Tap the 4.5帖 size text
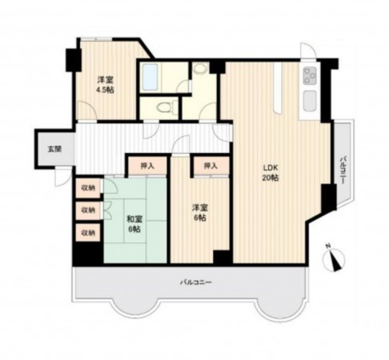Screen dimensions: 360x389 coord(105,90)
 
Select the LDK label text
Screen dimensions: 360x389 coord(271,168)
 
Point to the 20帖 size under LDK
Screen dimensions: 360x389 coord(271,178)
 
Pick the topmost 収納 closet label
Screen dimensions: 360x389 coord(86,188)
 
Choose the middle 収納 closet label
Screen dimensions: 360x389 coord(86,210)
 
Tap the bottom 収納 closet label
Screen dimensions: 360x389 coord(86,233)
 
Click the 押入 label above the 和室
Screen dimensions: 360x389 coord(146,166)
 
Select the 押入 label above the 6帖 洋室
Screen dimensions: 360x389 coord(211,166)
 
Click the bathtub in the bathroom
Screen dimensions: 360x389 coord(151,78)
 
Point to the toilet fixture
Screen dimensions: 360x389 coord(163,106)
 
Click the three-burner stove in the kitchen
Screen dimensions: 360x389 coord(309,78)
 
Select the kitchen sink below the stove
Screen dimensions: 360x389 coord(309,101)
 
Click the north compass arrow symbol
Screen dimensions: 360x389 coord(333,258)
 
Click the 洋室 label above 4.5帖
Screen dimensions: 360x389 coord(105,80)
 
